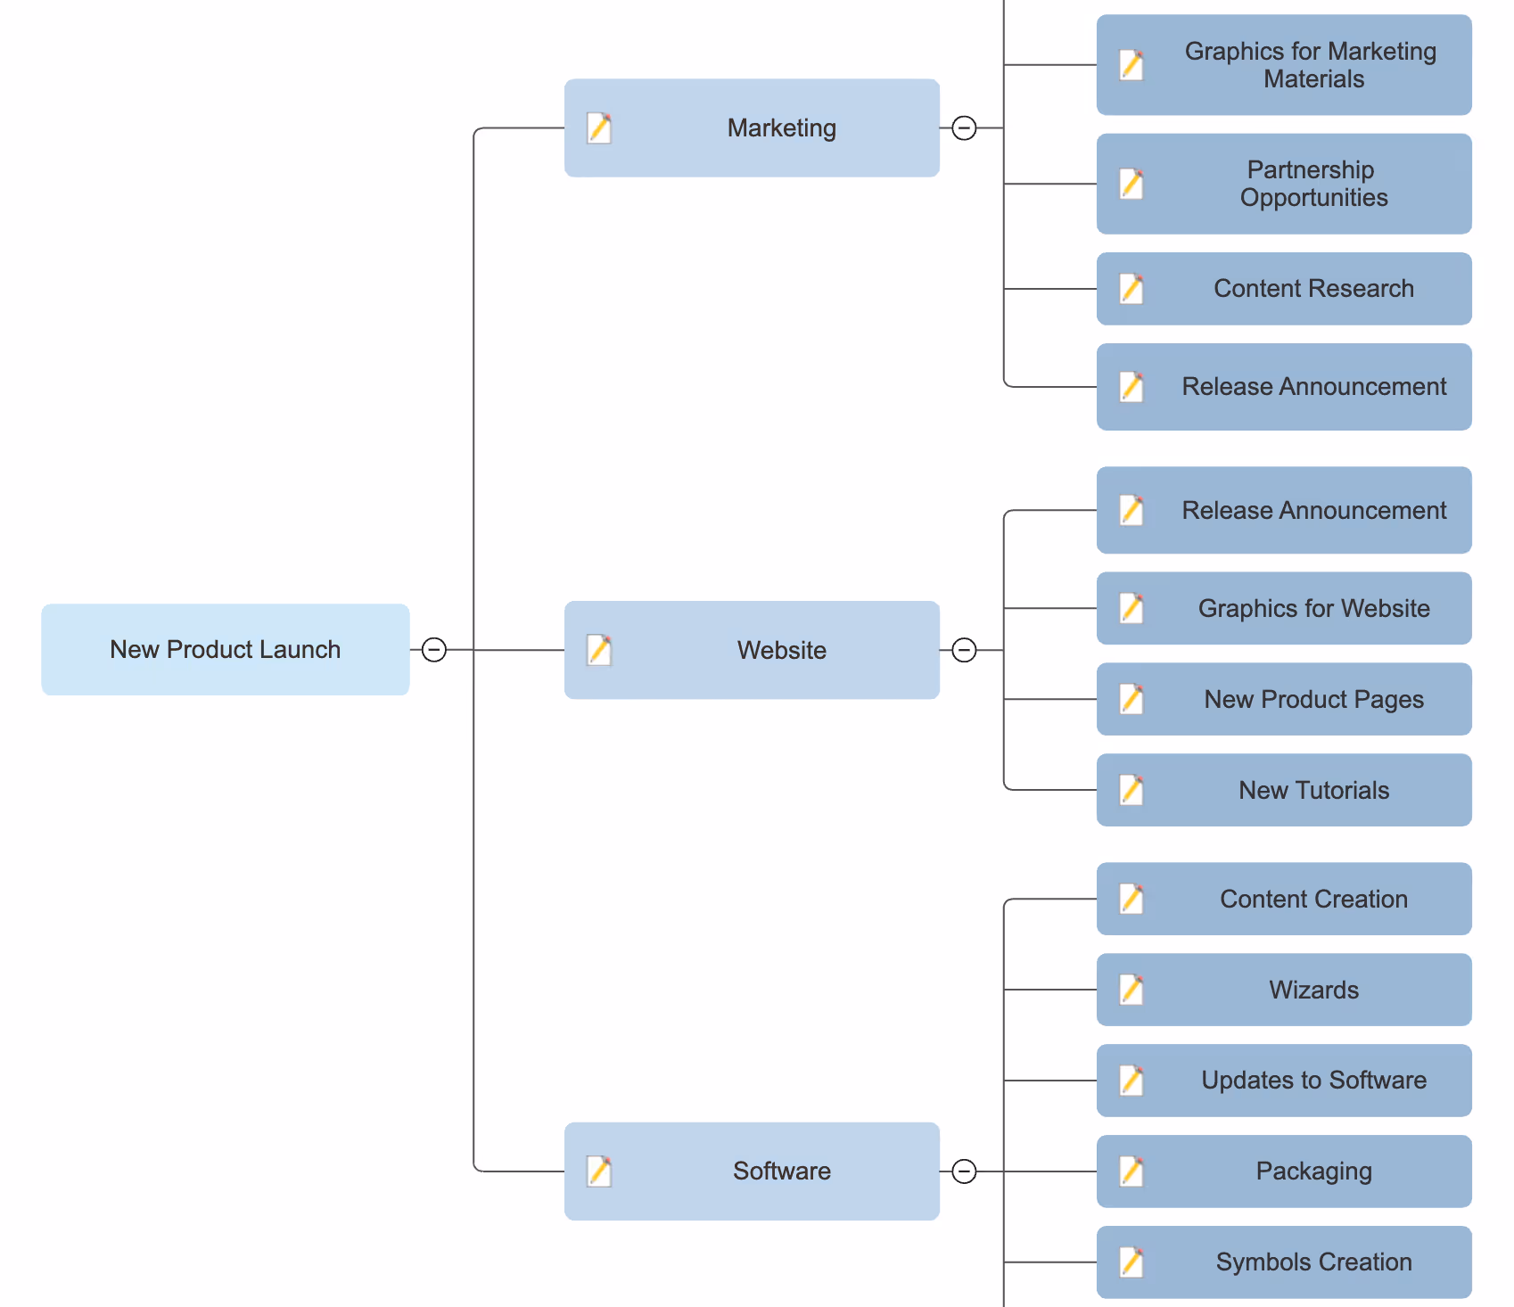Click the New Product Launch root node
[225, 649]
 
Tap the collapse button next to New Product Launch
[434, 650]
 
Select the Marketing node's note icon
[599, 128]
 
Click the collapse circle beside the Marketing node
[964, 128]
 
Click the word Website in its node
[781, 650]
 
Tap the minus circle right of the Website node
[964, 650]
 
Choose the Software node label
[781, 1171]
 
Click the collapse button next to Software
[964, 1171]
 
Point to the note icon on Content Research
[1131, 289]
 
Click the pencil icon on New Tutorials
[1131, 790]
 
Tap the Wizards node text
[1313, 990]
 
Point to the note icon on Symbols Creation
[1131, 1262]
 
